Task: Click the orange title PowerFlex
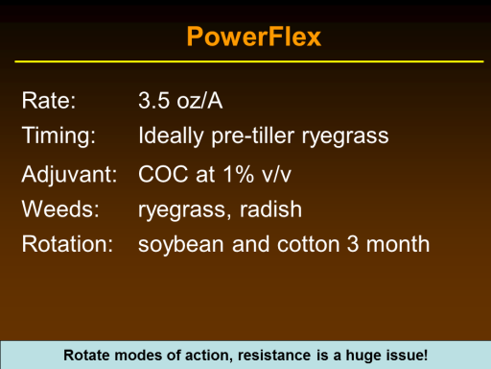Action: coord(254,37)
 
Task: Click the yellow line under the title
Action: coord(249,61)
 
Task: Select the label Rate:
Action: coord(49,101)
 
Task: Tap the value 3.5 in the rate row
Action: coord(153,101)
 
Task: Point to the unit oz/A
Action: coord(199,101)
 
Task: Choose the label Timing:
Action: coord(58,135)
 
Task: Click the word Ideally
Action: coord(171,135)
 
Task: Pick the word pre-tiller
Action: coord(252,135)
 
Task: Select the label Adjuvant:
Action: coord(69,175)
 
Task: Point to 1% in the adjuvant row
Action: coord(239,174)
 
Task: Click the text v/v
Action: coord(276,175)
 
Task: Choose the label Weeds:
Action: coord(60,209)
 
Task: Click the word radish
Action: coord(270,209)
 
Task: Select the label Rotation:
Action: coord(67,244)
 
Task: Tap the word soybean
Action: coord(181,245)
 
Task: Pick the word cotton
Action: coord(308,244)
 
